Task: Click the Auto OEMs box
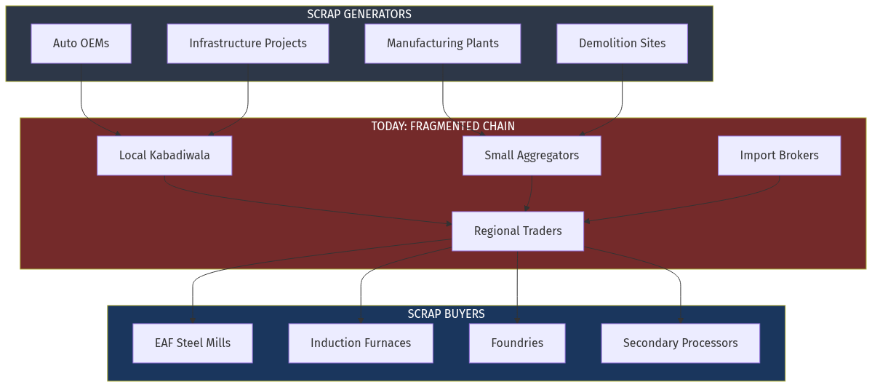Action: pyautogui.click(x=81, y=44)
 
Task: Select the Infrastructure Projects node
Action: pyautogui.click(x=247, y=44)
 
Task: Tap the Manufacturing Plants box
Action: pyautogui.click(x=442, y=44)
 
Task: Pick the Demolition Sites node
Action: pyautogui.click(x=622, y=44)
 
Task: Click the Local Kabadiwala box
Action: pyautogui.click(x=164, y=156)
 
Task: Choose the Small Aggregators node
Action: pyautogui.click(x=532, y=156)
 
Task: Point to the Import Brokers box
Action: pyautogui.click(x=779, y=156)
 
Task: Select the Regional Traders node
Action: pyautogui.click(x=518, y=231)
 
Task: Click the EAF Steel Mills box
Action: pyautogui.click(x=193, y=343)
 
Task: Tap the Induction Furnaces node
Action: pyautogui.click(x=361, y=343)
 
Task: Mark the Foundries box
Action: pyautogui.click(x=517, y=343)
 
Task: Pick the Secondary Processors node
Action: pyautogui.click(x=680, y=343)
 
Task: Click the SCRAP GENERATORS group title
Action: pyautogui.click(x=359, y=15)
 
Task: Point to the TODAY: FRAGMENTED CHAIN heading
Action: pyautogui.click(x=442, y=127)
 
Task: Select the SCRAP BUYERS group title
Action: pyautogui.click(x=446, y=314)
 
